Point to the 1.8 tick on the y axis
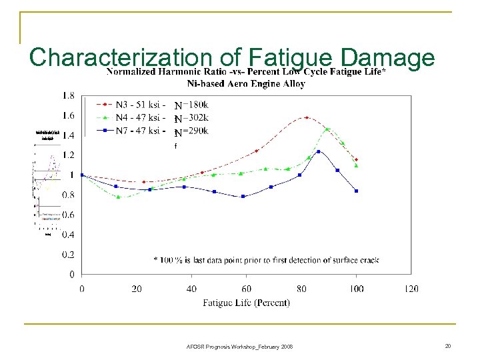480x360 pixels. coord(68,96)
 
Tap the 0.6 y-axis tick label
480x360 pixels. coord(68,215)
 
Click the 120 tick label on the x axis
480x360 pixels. coord(411,289)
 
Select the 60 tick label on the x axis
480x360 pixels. coord(247,289)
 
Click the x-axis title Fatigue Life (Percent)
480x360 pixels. coord(246,303)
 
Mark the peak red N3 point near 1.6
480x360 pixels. coord(307,117)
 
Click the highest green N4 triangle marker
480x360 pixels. coord(327,129)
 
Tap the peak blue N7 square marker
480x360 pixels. coord(319,151)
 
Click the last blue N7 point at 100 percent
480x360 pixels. coord(357,191)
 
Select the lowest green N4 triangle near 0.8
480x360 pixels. coord(118,197)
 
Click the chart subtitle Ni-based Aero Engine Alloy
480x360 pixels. coord(246,84)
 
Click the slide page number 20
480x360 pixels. coord(449,345)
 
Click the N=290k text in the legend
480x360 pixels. coord(191,131)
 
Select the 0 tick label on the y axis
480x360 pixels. coord(71,274)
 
